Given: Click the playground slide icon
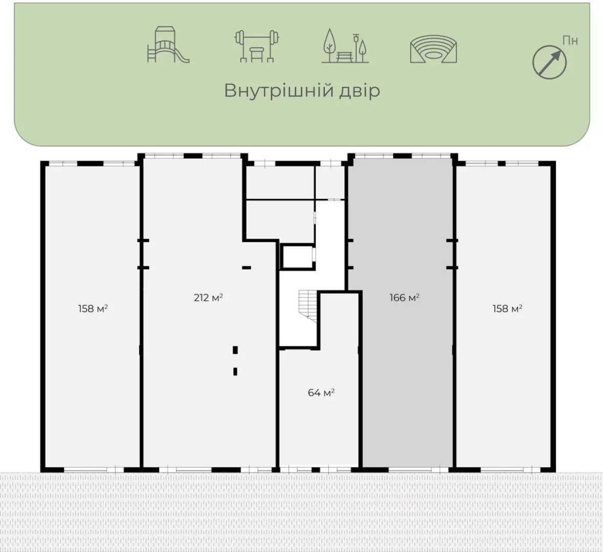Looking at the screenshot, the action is coord(168,45).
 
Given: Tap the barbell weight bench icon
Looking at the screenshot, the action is coord(256,46).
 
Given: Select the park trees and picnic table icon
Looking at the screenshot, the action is coord(345,46).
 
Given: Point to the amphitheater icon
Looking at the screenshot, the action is coord(434,49).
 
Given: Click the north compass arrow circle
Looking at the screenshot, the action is coord(549,61).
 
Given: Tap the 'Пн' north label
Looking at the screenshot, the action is coord(570,40).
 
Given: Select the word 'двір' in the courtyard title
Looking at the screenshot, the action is coord(359,91).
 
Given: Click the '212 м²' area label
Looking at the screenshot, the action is coord(209,298).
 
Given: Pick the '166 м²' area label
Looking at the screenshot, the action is coord(404,298).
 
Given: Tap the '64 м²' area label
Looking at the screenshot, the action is coord(321,392).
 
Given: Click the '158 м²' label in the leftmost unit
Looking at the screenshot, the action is coord(93,309).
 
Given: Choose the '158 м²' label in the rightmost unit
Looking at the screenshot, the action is coord(507,309).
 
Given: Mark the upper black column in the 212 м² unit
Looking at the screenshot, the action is coord(235,350).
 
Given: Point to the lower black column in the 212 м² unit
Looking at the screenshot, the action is coord(235,371).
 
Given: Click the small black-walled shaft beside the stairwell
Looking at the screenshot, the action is coord(298,257).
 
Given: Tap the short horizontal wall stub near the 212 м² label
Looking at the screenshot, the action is coord(247,267).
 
